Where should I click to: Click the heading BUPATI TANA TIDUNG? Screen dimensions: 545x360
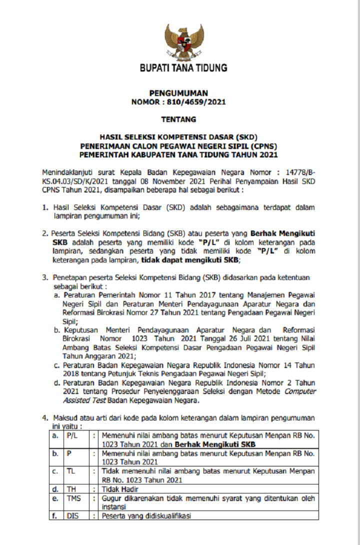pyautogui.click(x=183, y=68)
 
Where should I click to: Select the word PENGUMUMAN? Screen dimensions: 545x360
pyautogui.click(x=178, y=93)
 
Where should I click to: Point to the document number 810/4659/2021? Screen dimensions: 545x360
pyautogui.click(x=196, y=102)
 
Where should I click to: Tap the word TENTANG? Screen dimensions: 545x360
pyautogui.click(x=178, y=119)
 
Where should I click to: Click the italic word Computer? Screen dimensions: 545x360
pyautogui.click(x=300, y=391)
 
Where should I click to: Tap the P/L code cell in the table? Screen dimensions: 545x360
pyautogui.click(x=72, y=436)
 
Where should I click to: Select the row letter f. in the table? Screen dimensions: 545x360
pyautogui.click(x=54, y=515)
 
